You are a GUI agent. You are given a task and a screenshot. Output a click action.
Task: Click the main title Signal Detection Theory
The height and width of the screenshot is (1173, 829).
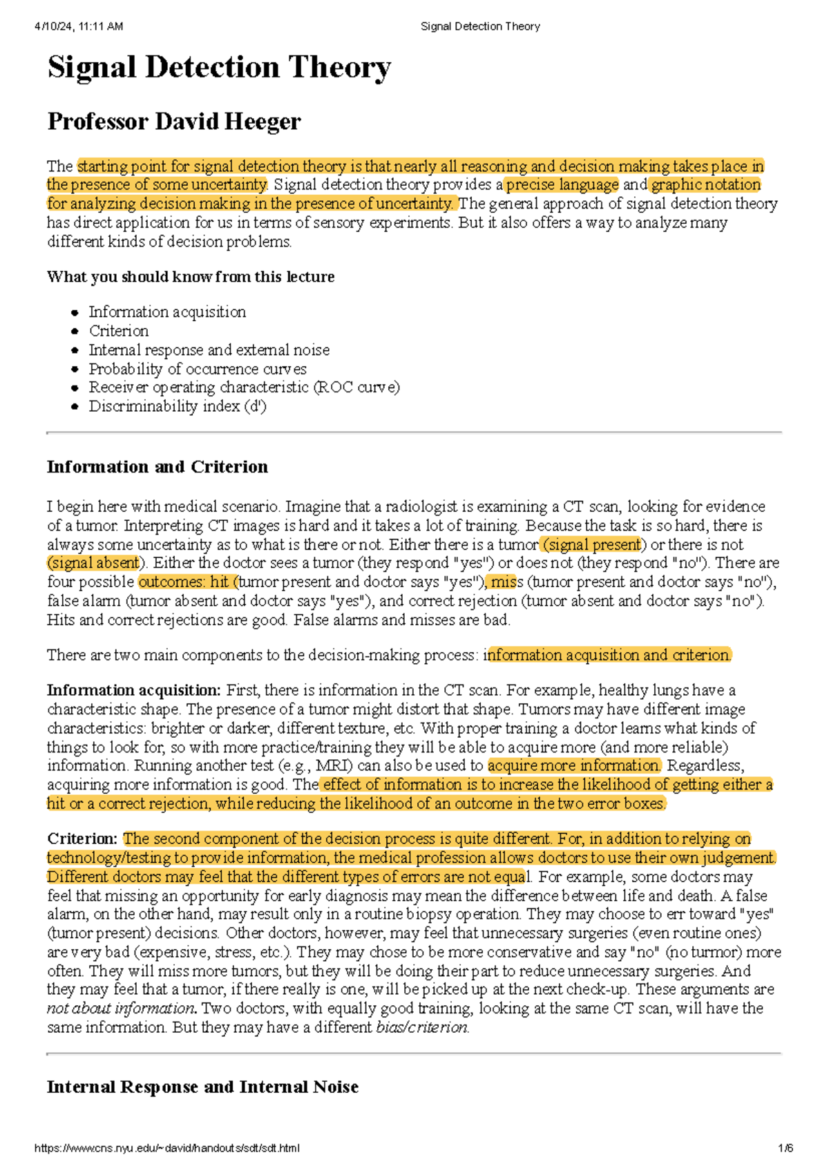pos(219,68)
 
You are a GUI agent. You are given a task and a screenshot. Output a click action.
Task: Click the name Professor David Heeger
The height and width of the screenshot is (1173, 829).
pos(174,122)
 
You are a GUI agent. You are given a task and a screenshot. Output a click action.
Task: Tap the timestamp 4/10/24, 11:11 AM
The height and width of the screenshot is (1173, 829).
pos(79,26)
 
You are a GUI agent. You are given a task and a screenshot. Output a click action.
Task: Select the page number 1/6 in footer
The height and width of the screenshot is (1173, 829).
pos(785,1149)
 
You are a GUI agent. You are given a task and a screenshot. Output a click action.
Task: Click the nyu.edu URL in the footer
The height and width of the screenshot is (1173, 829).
pos(166,1149)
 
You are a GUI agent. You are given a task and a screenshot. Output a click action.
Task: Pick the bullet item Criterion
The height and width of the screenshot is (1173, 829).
pos(119,331)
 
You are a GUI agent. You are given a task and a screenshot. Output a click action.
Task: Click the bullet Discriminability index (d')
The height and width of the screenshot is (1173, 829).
pos(178,406)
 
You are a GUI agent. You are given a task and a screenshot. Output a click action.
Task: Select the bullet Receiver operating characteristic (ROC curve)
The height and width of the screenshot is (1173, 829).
pos(244,388)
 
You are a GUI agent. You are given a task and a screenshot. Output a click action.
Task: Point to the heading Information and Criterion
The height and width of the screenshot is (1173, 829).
pos(157,467)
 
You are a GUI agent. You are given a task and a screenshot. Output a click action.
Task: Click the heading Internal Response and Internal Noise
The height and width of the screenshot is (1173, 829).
pos(202,1087)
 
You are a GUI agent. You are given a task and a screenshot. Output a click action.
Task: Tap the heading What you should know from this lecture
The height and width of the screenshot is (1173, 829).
pos(191,277)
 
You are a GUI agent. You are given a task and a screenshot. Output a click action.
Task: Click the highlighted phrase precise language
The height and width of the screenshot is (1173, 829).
pos(562,185)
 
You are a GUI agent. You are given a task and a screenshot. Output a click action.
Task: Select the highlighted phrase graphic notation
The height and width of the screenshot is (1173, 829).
pos(705,185)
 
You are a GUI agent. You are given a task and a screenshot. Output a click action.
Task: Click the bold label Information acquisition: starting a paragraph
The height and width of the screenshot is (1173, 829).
pos(133,690)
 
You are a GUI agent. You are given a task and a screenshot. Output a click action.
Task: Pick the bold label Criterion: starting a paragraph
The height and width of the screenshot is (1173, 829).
pos(82,839)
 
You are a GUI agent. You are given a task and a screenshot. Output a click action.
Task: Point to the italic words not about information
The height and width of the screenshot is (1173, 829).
pos(121,1009)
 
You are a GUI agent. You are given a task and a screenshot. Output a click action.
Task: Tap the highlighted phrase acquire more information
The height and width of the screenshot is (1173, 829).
pos(573,765)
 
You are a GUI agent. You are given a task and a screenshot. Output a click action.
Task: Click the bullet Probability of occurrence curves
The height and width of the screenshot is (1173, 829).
pos(198,369)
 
